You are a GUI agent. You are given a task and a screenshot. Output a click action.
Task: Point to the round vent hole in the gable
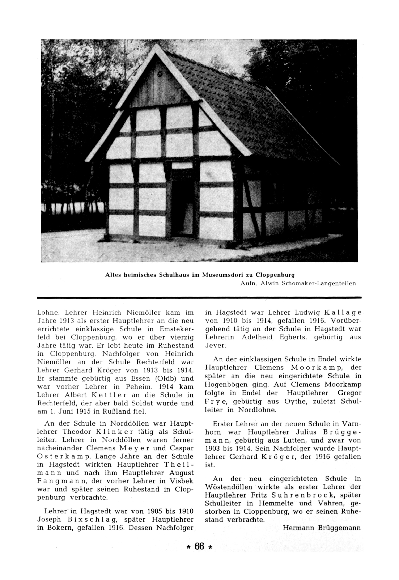(x=160, y=74)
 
